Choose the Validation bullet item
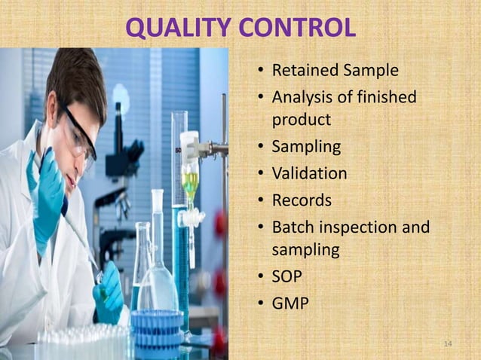[309, 173]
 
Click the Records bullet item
[302, 200]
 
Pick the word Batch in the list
[291, 227]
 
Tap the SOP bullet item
[286, 276]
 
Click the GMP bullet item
[290, 304]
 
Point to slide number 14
[448, 344]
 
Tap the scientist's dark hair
[75, 79]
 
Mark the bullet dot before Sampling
[259, 147]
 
